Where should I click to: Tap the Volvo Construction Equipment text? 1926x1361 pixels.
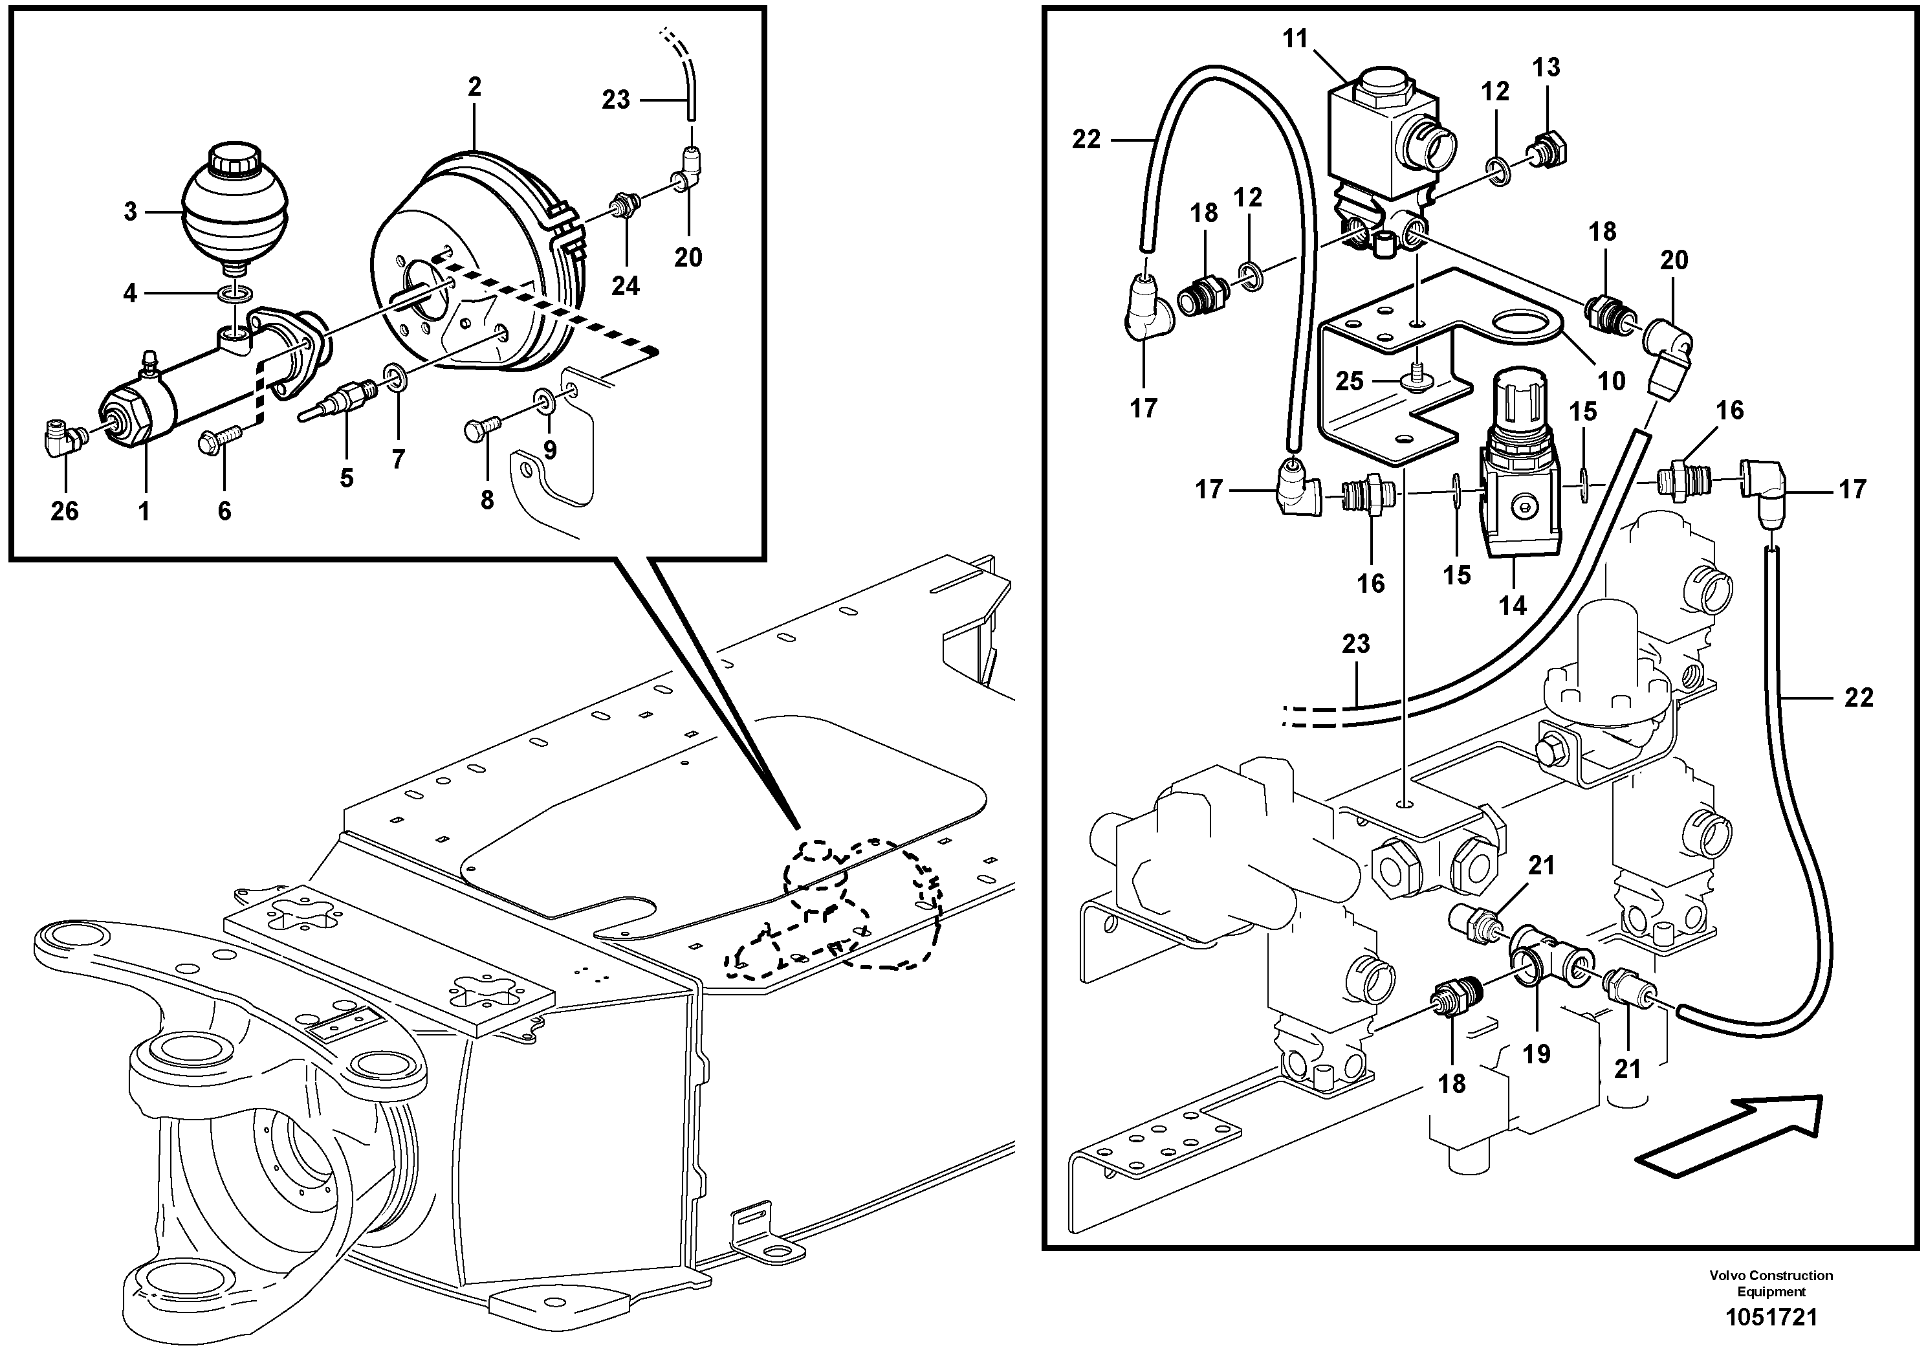pos(1771,1283)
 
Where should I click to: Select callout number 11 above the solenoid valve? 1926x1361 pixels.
pos(1295,39)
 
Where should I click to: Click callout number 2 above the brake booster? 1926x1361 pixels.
pos(475,87)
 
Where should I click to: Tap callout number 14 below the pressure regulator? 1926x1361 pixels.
pos(1513,604)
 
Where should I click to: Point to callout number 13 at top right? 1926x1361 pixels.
pos(1546,67)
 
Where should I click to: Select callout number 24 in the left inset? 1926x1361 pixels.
pos(625,286)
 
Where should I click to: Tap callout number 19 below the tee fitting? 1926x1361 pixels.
pos(1536,1053)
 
